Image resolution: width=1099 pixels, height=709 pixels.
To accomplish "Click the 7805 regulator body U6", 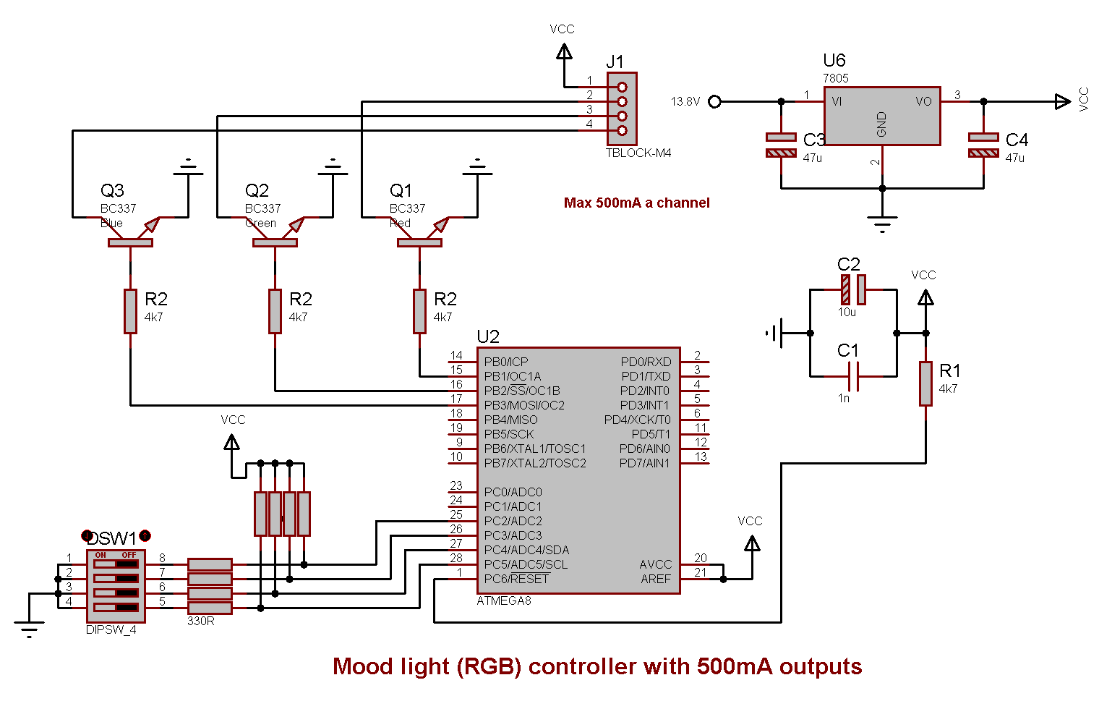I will point(882,116).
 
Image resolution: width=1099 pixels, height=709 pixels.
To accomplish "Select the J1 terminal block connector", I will point(622,109).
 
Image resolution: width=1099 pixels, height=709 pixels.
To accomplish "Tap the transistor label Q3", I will point(112,190).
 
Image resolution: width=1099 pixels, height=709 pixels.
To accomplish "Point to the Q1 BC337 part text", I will point(407,208).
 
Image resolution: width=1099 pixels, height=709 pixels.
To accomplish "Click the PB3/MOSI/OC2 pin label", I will point(524,405).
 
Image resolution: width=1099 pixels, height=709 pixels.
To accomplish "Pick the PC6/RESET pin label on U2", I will point(516,579).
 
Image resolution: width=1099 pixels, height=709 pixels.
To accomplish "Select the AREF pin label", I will point(656,579).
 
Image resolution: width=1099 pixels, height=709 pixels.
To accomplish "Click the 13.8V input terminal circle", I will point(714,101).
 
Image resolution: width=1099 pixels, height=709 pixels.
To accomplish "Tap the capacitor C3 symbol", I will point(781,145).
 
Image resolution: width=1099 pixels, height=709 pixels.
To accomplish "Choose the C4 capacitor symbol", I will point(983,145).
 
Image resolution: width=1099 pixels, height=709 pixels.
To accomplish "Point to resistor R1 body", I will point(925,383).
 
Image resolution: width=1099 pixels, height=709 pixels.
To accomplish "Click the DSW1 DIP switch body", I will point(116,586).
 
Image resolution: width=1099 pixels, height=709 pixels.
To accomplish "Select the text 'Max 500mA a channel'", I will point(636,203).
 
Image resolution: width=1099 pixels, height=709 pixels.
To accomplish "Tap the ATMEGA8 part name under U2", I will point(504,600).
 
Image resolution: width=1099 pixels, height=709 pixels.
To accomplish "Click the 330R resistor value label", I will point(200,621).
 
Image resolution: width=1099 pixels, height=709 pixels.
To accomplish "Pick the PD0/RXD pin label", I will point(646,362).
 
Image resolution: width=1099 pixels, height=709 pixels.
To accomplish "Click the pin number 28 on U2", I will point(456,558).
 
